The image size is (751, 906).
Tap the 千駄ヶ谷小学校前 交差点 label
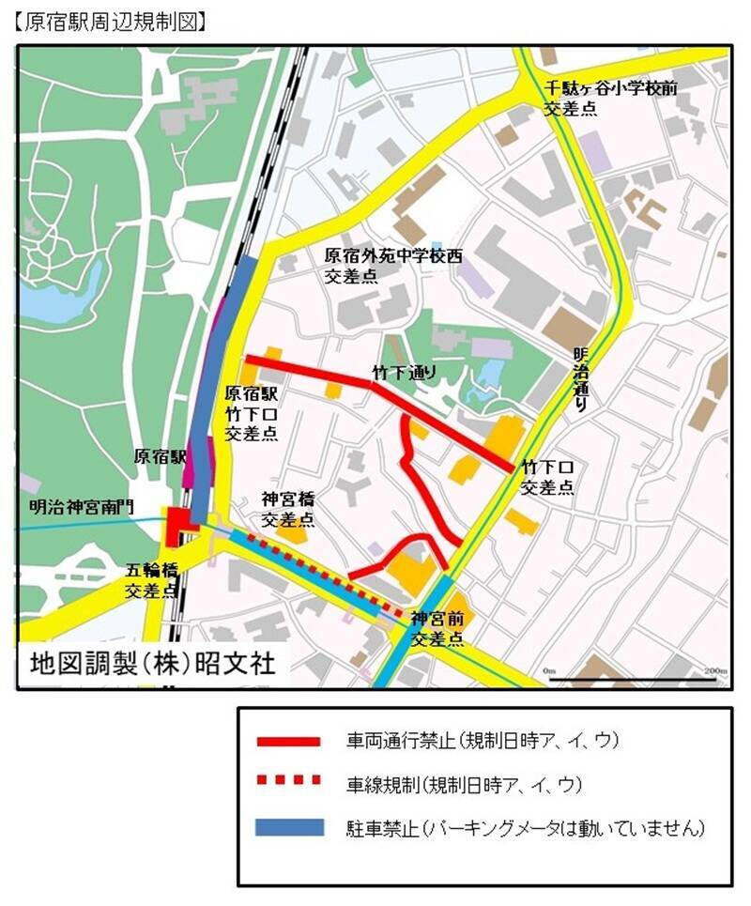pos(610,98)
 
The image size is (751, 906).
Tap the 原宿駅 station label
pos(161,457)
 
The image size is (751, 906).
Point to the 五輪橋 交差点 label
pos(151,579)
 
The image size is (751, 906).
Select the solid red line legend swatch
pos(289,741)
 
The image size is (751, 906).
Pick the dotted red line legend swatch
pos(289,781)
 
